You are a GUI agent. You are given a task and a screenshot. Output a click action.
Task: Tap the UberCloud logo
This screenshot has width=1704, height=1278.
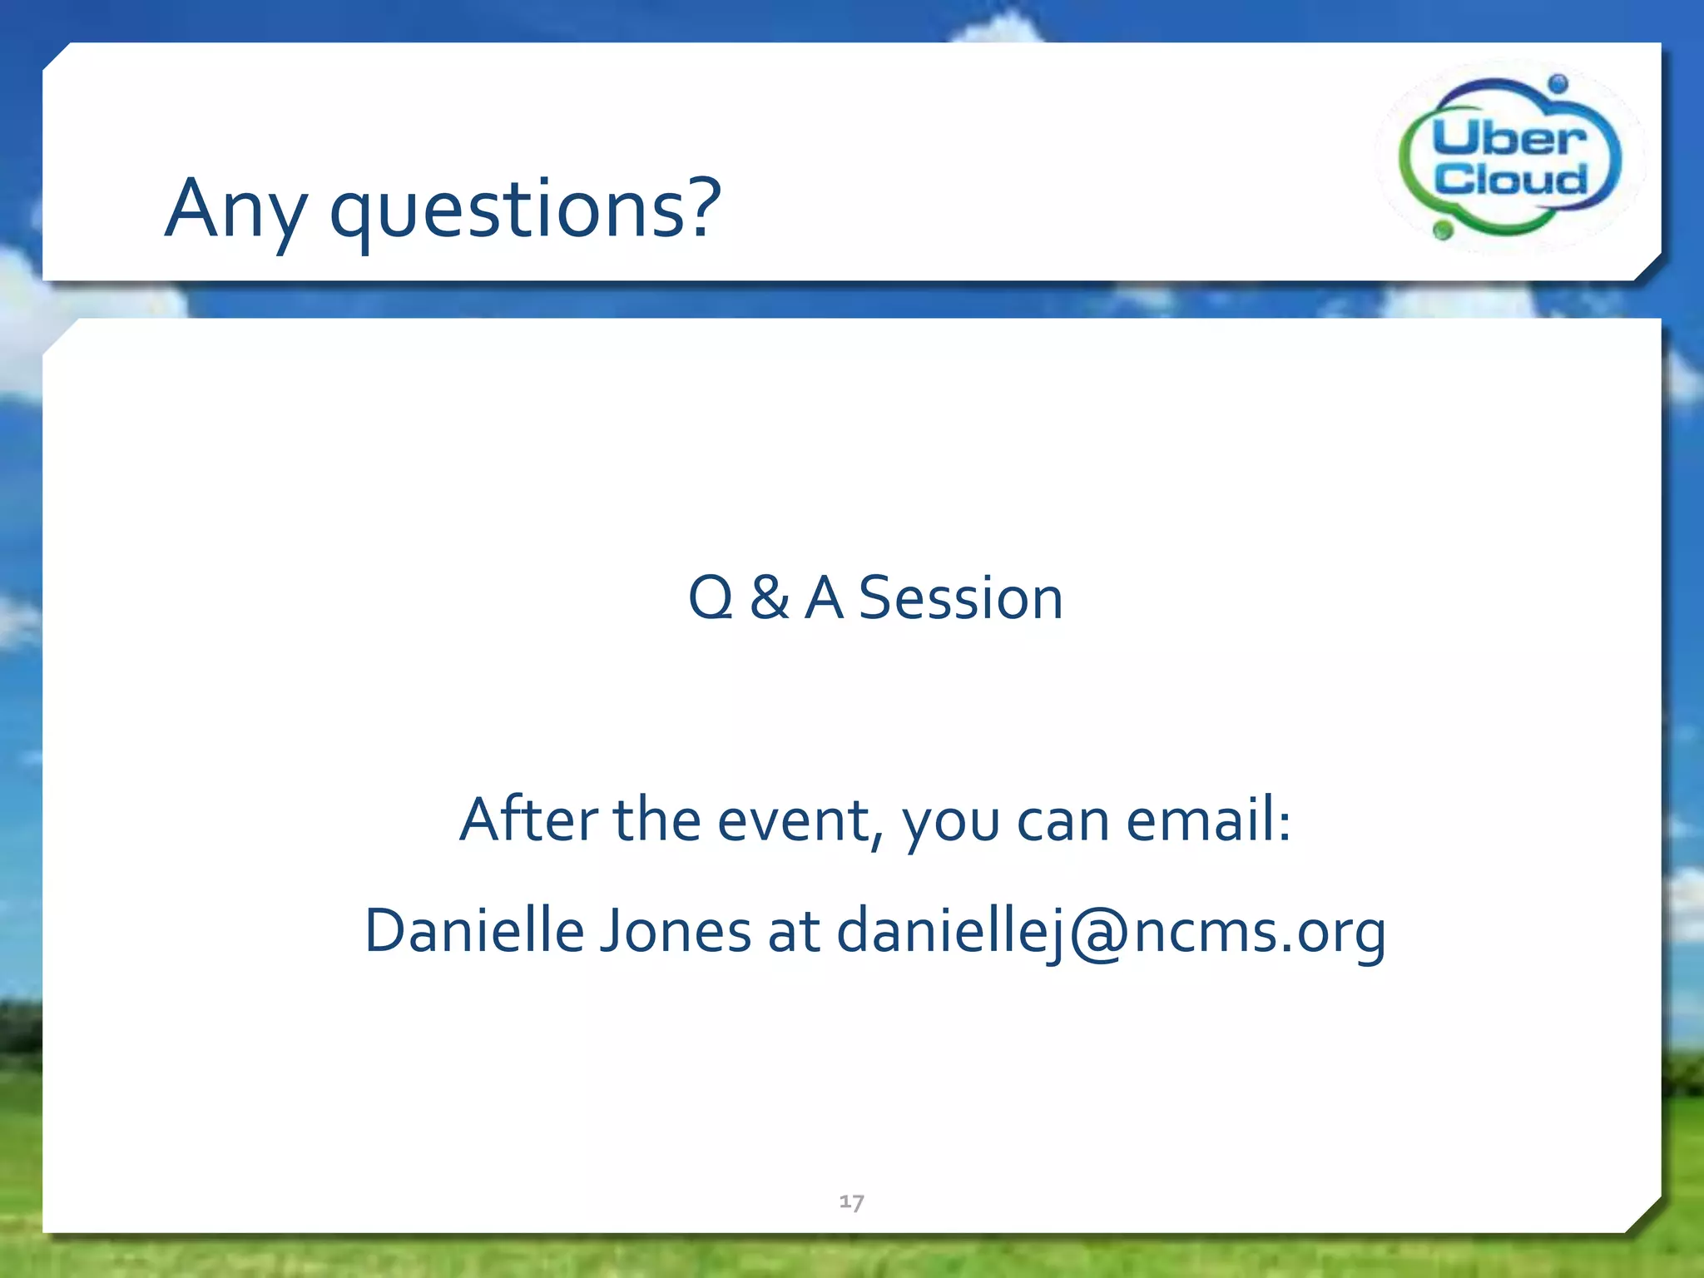(1509, 156)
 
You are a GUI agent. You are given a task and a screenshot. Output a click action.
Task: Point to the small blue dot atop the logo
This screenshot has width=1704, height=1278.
(1558, 83)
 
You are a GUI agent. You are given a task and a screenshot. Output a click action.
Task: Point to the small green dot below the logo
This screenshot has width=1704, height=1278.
(1444, 229)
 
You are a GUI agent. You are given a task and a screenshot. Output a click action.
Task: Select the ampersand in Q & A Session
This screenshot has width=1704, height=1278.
(769, 597)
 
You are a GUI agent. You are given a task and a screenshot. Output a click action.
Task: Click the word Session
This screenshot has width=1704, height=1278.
(960, 597)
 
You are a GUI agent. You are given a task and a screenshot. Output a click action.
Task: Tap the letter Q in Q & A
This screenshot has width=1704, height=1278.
(711, 597)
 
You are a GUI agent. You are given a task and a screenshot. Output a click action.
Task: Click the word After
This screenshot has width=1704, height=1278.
(528, 820)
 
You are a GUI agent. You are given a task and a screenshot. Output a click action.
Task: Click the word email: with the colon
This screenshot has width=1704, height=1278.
(1208, 820)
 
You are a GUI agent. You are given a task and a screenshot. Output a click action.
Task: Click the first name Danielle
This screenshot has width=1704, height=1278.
(474, 930)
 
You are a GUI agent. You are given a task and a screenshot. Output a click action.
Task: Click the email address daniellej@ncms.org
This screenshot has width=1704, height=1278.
(1111, 930)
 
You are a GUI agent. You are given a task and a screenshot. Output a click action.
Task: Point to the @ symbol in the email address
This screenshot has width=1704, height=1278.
(1100, 932)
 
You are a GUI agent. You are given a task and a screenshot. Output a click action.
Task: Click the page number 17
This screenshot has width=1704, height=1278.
(851, 1201)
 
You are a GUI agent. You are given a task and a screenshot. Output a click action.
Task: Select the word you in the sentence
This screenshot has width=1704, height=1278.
(950, 824)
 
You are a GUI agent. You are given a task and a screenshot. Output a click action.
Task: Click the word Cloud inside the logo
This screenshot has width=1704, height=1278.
(1510, 179)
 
